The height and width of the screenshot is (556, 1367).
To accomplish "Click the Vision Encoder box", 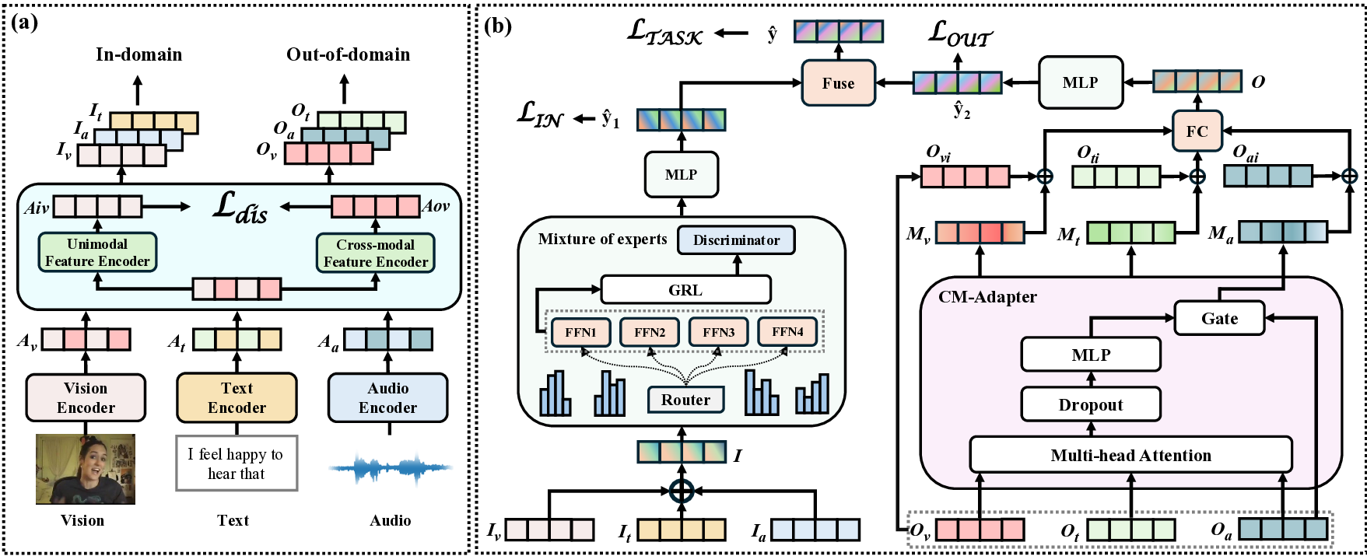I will point(86,397).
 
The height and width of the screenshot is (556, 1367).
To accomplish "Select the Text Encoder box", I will point(237,397).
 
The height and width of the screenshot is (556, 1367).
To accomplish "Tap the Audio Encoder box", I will point(387,397).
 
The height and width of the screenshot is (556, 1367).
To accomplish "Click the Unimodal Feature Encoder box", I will point(97,253).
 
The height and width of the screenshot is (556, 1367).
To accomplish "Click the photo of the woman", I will point(86,469).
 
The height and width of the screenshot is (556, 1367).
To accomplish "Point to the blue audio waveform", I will point(387,468).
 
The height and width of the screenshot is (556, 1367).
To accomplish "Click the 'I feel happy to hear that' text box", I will point(237,463).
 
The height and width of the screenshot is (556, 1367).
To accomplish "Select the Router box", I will point(685,400).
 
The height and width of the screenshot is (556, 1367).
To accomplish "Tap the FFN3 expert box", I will point(718,332).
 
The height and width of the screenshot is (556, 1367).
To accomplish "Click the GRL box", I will point(685,290).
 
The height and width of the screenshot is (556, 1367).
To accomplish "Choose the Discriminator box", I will point(736,240).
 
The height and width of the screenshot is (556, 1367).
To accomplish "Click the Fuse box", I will point(838,83).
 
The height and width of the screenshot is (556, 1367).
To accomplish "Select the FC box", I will point(1197,131).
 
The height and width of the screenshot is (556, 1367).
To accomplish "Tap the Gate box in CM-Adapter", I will point(1218,318).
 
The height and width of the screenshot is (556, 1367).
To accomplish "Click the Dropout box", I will point(1090,404).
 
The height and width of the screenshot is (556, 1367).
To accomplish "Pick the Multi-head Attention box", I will point(1130,455).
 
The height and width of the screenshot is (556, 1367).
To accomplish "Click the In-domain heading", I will point(138,54).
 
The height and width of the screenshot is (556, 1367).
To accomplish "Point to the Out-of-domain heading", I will point(348,54).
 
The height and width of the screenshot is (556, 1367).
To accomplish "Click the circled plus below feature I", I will point(682,491).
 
